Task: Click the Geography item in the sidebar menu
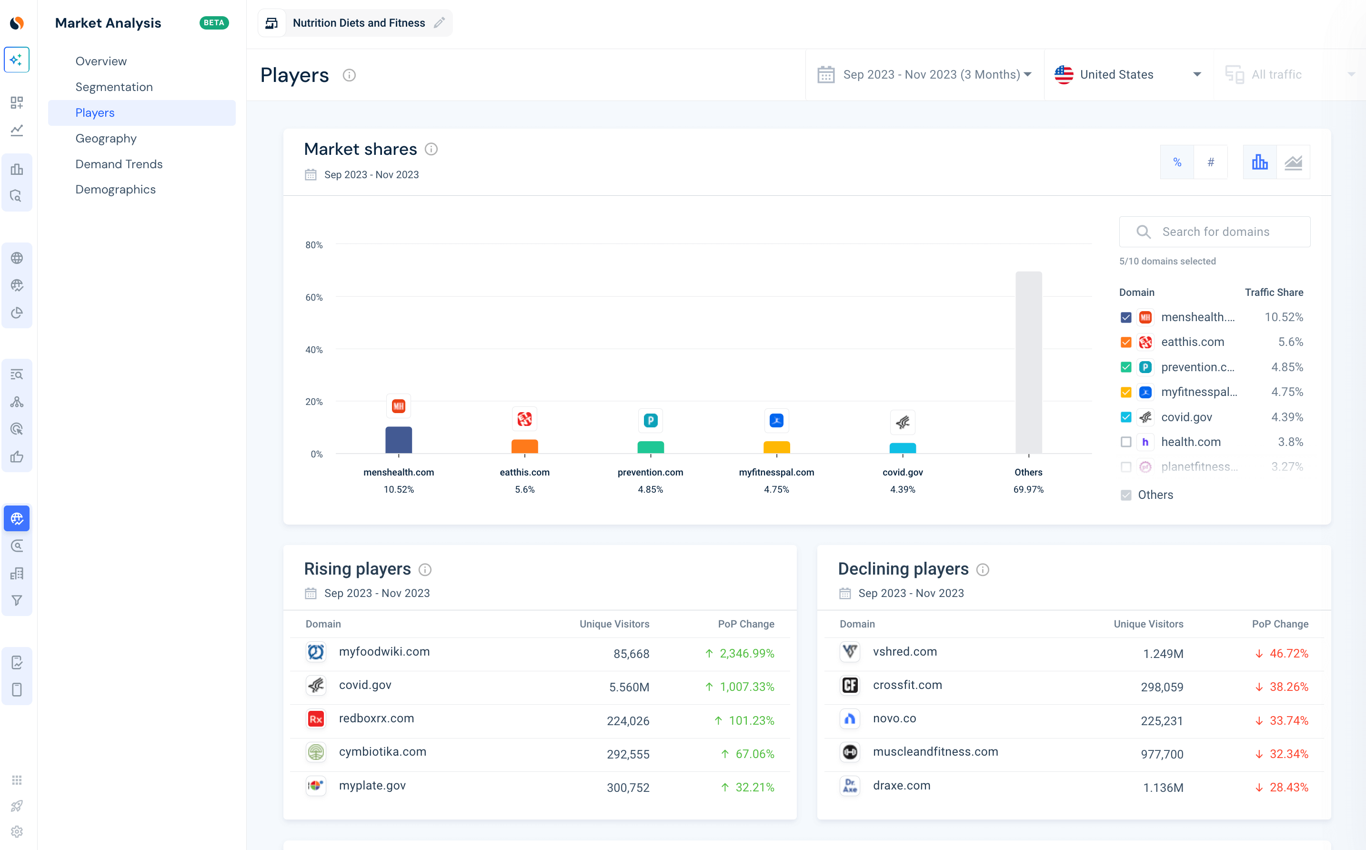coord(106,138)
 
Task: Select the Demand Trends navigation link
coord(119,163)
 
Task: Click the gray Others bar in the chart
coord(1028,362)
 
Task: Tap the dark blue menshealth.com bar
coord(398,440)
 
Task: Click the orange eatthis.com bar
coord(524,446)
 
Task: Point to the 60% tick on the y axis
coord(313,297)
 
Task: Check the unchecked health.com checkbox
coord(1125,442)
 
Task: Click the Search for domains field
coord(1215,232)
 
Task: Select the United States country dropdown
coord(1128,74)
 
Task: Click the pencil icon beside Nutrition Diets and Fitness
coord(440,22)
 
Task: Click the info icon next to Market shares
coord(431,149)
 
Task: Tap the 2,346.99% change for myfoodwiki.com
coord(746,653)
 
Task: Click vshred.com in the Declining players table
coord(904,651)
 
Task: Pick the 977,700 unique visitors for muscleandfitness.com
coord(1162,754)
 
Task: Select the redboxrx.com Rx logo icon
coord(316,718)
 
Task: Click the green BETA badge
coord(214,22)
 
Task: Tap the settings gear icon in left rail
coord(17,831)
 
